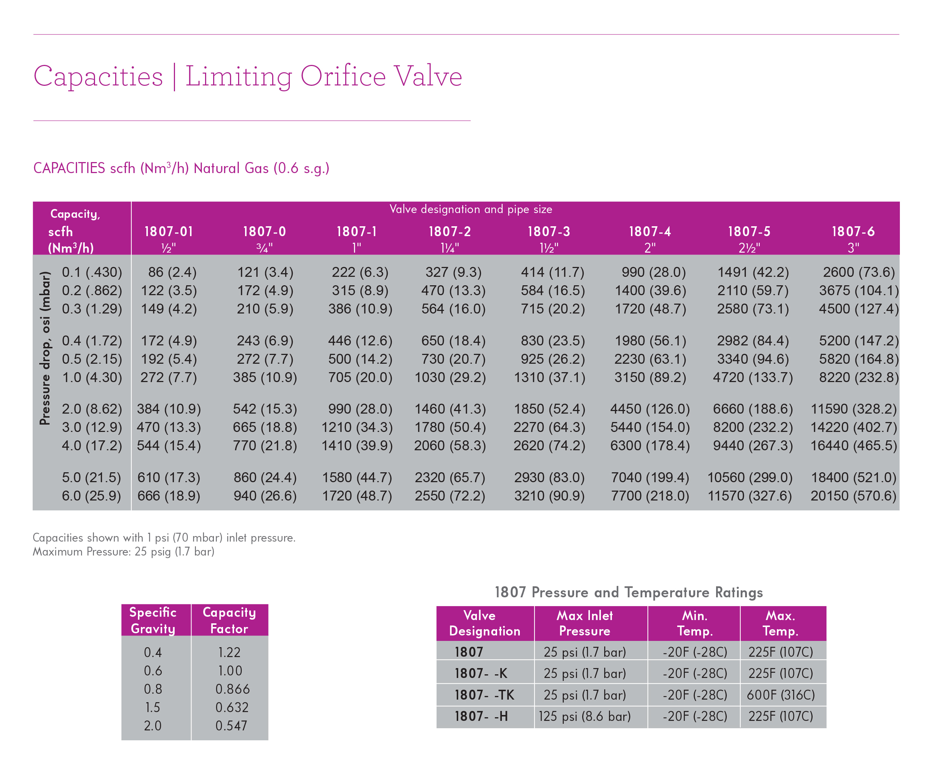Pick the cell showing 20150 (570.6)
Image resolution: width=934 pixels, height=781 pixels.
tap(853, 496)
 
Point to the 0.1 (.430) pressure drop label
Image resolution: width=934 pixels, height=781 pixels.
tap(92, 272)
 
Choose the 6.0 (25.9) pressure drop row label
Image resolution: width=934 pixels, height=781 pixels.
tap(91, 496)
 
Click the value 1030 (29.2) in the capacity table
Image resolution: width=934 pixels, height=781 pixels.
tap(450, 377)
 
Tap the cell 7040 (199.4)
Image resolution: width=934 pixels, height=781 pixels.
tap(650, 477)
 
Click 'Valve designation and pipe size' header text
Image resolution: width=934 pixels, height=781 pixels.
tap(471, 209)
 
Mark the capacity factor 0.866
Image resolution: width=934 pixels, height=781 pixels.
tap(232, 689)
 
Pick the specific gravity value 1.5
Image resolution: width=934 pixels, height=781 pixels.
tap(153, 707)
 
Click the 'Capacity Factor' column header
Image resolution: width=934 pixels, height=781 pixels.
tap(229, 620)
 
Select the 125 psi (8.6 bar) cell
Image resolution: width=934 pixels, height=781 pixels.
tap(584, 716)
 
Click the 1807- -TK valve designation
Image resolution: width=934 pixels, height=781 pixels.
tap(484, 695)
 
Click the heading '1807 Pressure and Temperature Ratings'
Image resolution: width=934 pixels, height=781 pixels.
tap(628, 592)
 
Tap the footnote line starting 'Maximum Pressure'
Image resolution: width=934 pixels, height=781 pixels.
tap(124, 551)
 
